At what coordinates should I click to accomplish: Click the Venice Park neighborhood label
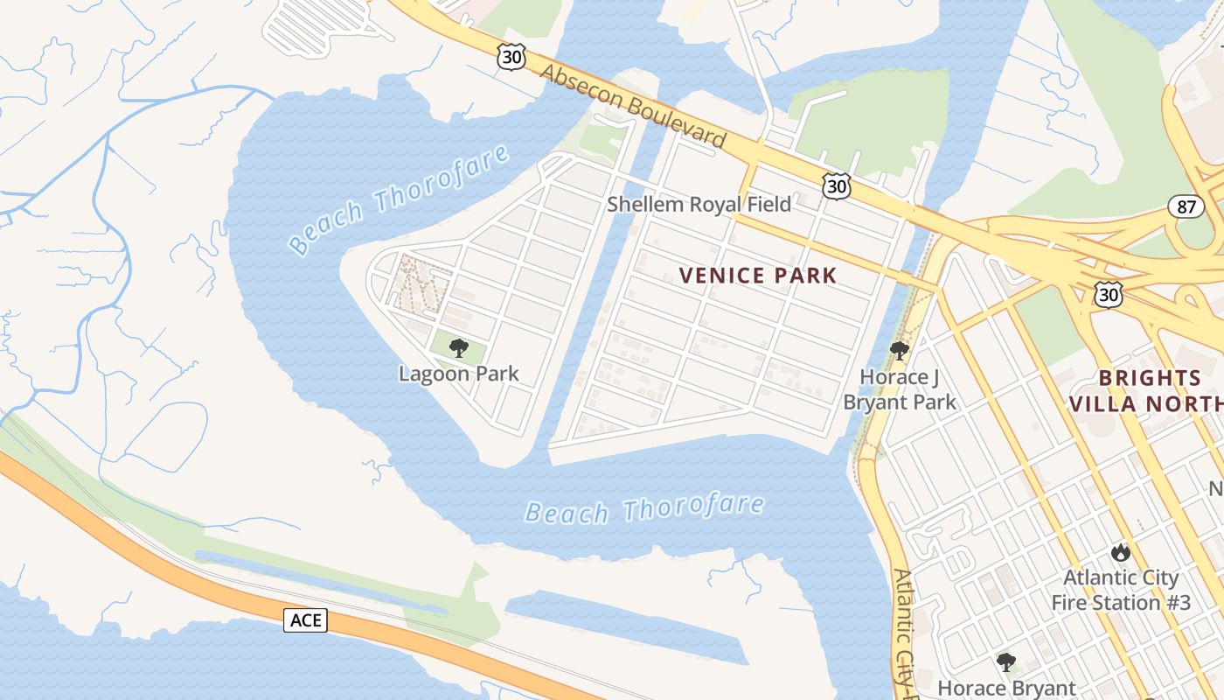tap(758, 276)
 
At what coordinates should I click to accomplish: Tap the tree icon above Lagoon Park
tap(458, 349)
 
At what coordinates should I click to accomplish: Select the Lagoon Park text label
tap(459, 374)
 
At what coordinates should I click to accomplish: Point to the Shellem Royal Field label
tap(699, 205)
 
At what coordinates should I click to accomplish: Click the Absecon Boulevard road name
tap(633, 105)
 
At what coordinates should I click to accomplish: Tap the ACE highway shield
tap(305, 620)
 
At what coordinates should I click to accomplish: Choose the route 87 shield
tap(1186, 207)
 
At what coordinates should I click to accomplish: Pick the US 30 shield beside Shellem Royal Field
tap(836, 185)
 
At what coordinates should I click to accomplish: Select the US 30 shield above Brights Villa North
tap(1108, 295)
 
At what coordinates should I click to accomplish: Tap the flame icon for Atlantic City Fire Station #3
tap(1120, 552)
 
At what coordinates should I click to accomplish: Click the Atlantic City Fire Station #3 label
tap(1120, 590)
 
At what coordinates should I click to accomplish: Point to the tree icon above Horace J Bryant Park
tap(899, 351)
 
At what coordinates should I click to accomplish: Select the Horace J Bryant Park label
tap(900, 389)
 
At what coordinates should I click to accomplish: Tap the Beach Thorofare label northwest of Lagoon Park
tap(399, 199)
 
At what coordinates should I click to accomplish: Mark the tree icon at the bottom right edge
tap(1006, 661)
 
